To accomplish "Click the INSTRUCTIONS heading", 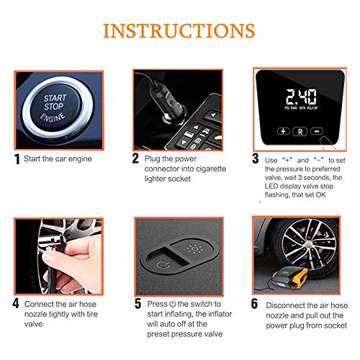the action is [179, 31].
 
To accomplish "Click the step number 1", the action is [17, 159].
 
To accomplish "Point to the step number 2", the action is [135, 158].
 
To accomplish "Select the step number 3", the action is [256, 158].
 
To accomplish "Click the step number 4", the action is [16, 303].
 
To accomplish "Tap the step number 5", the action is [138, 304].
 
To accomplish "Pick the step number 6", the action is [254, 304].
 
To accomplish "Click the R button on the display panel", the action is [300, 132].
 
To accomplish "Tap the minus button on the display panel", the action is [317, 131].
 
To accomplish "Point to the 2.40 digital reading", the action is [301, 96].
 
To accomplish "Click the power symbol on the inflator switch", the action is [163, 265].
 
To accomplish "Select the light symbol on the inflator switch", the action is [196, 248].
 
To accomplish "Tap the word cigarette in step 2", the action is [211, 168].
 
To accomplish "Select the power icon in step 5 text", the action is [173, 304].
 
